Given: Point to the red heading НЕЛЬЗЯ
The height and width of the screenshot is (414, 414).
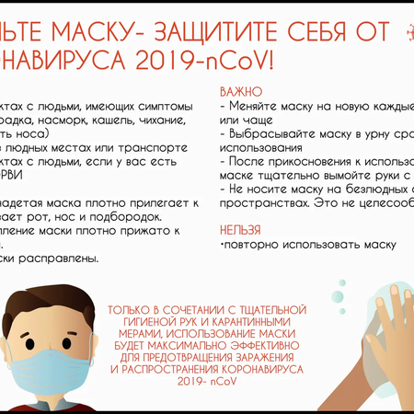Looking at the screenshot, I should (x=241, y=229).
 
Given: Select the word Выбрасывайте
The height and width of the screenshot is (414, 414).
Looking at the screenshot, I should (x=271, y=134).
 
